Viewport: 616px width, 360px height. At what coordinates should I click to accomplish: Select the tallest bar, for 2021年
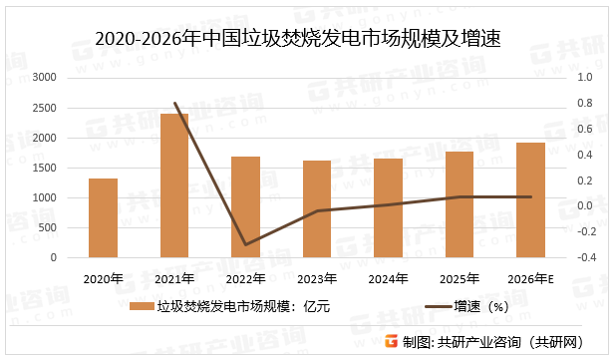click(174, 185)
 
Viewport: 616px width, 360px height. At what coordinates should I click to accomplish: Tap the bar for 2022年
click(245, 206)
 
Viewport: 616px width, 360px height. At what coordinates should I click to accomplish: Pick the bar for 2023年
click(317, 208)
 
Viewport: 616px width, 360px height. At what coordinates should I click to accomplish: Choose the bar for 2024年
click(388, 207)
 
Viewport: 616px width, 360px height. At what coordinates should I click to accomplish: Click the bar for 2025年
click(460, 204)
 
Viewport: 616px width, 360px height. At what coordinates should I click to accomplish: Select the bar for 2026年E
click(530, 199)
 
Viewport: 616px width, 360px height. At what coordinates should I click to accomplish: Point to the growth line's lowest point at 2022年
click(245, 244)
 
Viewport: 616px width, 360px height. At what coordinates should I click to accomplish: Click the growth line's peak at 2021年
click(174, 103)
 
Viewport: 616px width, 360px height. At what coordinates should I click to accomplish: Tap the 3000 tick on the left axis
click(44, 77)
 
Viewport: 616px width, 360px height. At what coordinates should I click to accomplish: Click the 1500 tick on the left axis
click(44, 168)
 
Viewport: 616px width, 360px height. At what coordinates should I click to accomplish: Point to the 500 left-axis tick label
click(47, 227)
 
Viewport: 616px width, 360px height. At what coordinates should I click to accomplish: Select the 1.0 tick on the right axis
click(585, 77)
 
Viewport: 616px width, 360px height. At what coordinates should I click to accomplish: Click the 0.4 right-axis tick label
click(585, 155)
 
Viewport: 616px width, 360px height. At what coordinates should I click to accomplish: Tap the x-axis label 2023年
click(317, 278)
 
